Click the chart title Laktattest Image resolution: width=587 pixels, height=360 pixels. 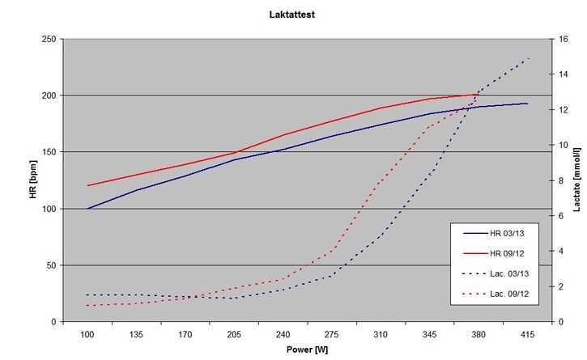pyautogui.click(x=293, y=14)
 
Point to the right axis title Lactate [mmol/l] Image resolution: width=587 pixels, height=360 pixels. pyautogui.click(x=576, y=180)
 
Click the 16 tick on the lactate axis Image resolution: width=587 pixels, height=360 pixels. pyautogui.click(x=551, y=39)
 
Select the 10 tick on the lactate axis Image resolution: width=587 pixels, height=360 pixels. pyautogui.click(x=551, y=145)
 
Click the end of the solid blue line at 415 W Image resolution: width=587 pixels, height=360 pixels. pyautogui.click(x=528, y=104)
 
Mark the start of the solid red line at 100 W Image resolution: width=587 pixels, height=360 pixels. pyautogui.click(x=87, y=186)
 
